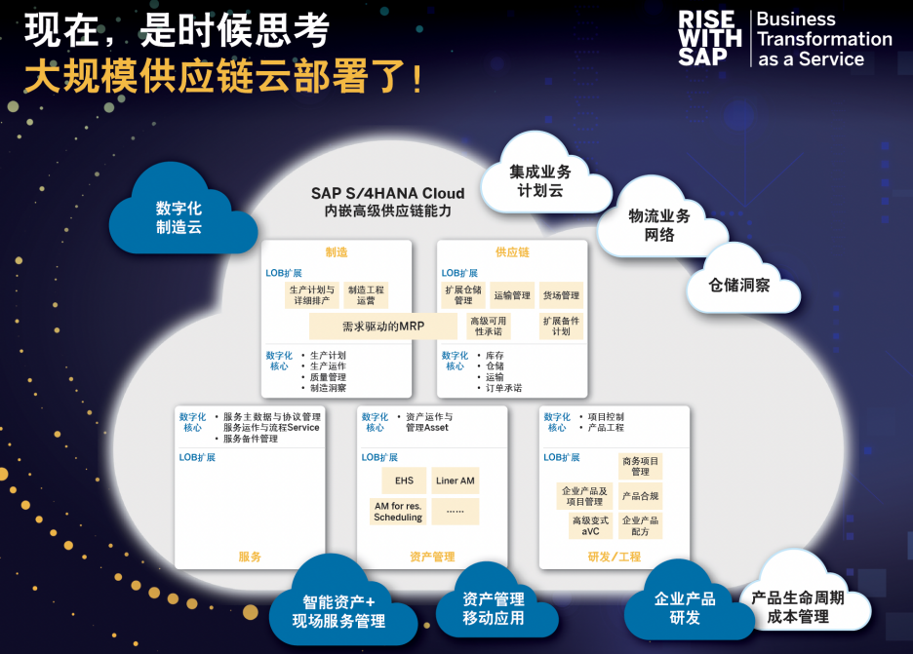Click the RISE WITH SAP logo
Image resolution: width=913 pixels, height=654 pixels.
pyautogui.click(x=710, y=38)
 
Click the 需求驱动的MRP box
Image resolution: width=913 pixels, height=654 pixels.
pyautogui.click(x=383, y=327)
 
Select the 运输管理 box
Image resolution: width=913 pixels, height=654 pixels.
pyautogui.click(x=512, y=295)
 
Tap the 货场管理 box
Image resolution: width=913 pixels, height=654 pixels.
pyautogui.click(x=561, y=295)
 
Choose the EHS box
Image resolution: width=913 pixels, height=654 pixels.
pyautogui.click(x=404, y=481)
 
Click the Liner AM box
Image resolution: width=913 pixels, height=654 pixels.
pyautogui.click(x=456, y=481)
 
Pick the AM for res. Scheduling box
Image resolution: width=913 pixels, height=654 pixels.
pyautogui.click(x=398, y=512)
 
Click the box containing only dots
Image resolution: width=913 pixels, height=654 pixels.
pyautogui.click(x=456, y=512)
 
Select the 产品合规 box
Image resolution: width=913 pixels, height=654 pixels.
pyautogui.click(x=640, y=496)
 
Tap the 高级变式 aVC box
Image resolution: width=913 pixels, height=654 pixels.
pyautogui.click(x=590, y=526)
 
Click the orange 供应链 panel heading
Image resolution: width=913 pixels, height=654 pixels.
pyautogui.click(x=512, y=251)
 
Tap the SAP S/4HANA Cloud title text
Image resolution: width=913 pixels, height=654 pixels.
pyautogui.click(x=388, y=193)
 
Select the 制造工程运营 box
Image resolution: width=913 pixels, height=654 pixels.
pyautogui.click(x=366, y=295)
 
